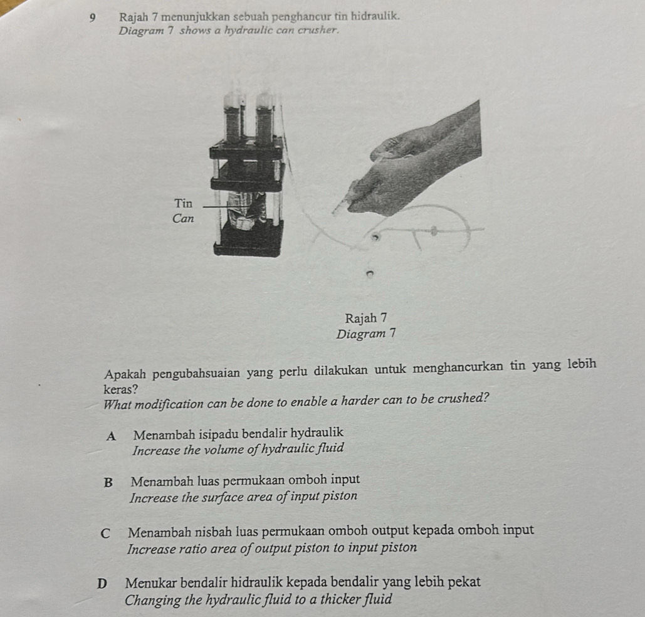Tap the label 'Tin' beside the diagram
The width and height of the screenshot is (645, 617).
(184, 203)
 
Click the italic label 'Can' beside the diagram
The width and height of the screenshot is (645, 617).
(184, 219)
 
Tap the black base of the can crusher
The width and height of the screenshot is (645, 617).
(248, 241)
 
